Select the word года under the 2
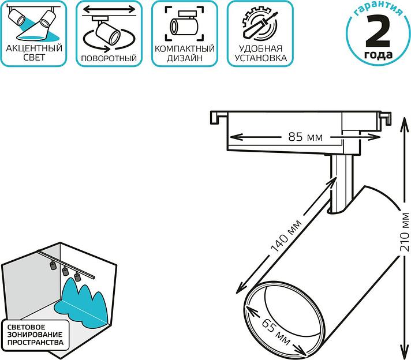click(379, 55)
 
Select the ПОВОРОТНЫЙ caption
click(109, 58)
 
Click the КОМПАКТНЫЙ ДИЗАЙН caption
click(184, 53)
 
